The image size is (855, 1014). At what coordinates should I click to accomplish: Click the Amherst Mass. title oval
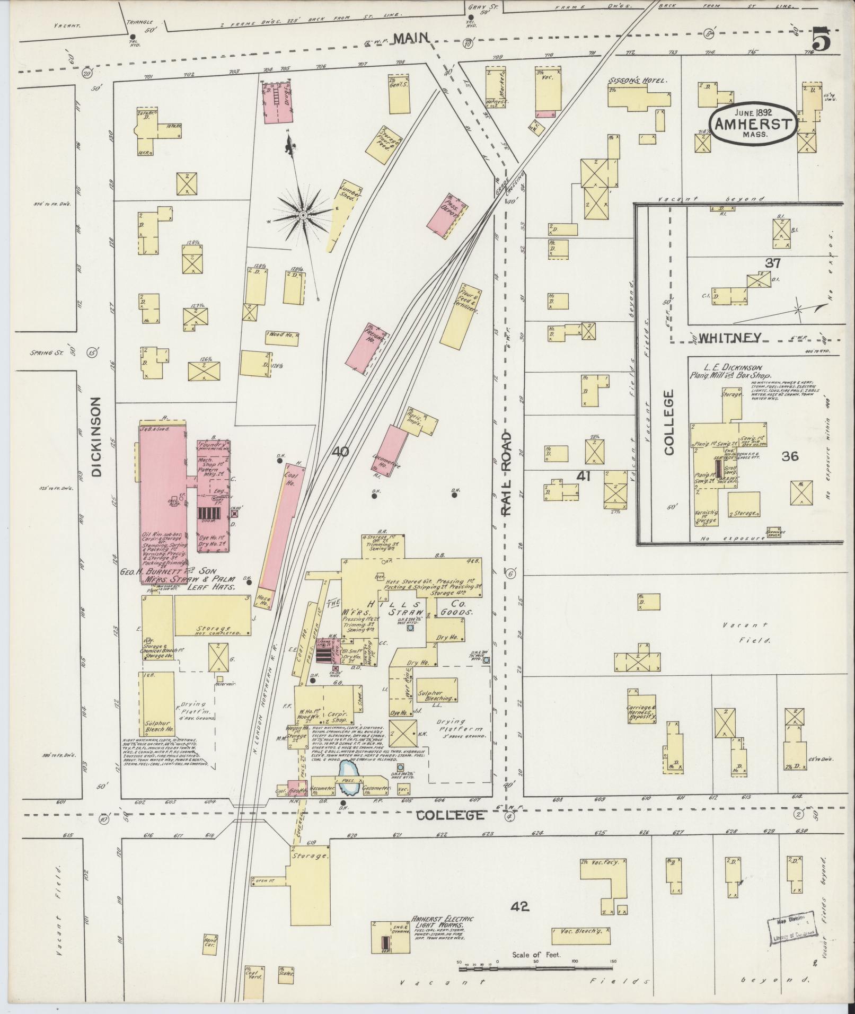click(753, 124)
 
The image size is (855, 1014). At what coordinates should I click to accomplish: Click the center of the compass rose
click(302, 215)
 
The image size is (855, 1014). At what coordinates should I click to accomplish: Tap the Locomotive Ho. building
click(392, 449)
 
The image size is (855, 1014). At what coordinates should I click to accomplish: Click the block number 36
click(789, 456)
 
